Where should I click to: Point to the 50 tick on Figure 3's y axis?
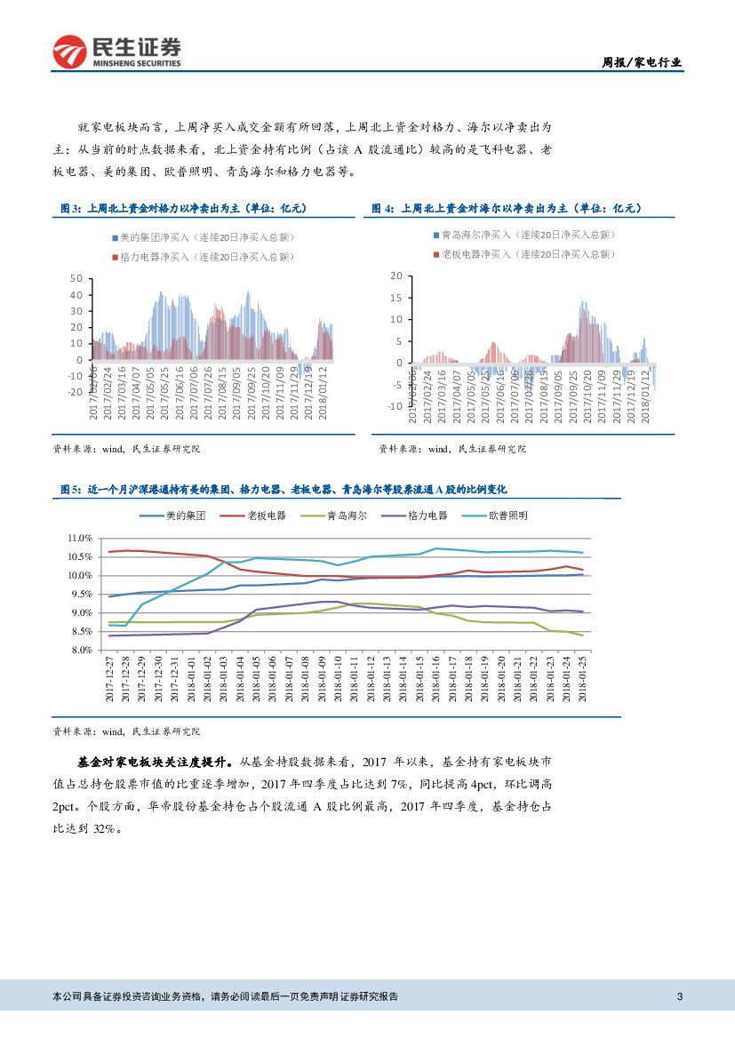tap(76, 279)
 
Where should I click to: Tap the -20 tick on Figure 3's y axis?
tap(75, 392)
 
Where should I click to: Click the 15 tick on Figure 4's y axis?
tap(396, 297)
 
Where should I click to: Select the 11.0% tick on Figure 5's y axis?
tap(80, 539)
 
